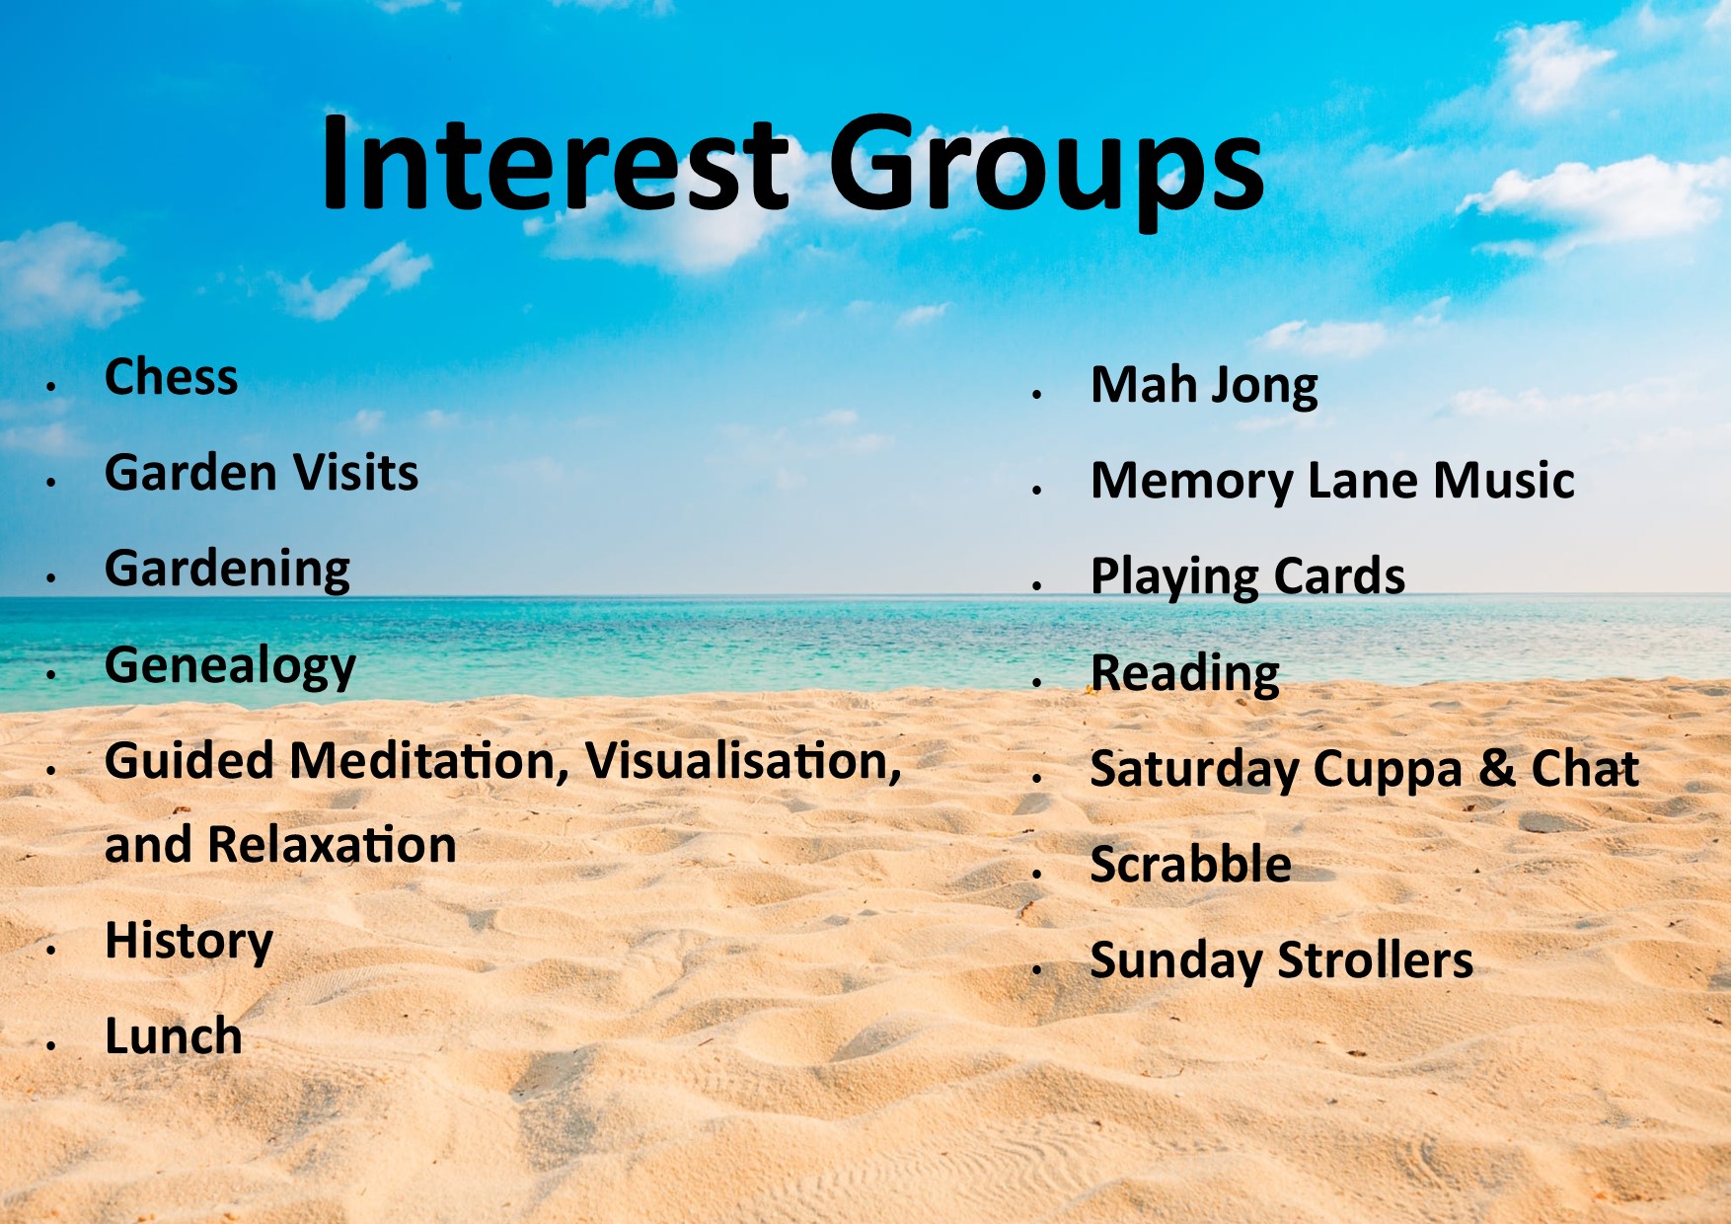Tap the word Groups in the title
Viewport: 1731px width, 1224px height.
(1045, 172)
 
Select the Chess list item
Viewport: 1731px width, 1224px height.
(172, 377)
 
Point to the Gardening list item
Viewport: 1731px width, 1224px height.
(228, 570)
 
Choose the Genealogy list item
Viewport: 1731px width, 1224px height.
(230, 666)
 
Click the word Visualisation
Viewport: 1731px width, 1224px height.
(743, 762)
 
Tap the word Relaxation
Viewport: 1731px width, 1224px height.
(333, 845)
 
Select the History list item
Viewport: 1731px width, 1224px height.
(188, 942)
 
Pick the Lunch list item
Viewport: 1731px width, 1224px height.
(174, 1036)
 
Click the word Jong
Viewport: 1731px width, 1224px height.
(1264, 387)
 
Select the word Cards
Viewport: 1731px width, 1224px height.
(1339, 576)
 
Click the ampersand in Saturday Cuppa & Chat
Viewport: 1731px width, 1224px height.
(1497, 769)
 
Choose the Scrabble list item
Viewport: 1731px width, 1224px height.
(1191, 865)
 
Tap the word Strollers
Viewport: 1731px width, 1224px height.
(1376, 960)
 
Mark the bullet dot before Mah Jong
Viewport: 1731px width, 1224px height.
(1037, 394)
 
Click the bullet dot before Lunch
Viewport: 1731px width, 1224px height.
(50, 1044)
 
